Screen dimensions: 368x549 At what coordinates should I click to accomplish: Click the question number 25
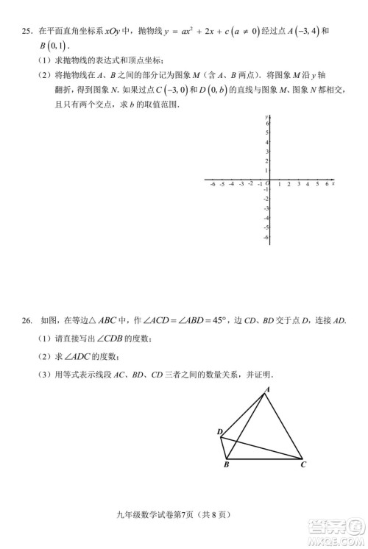[x=26, y=32]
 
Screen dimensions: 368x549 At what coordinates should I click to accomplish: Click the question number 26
[x=26, y=320]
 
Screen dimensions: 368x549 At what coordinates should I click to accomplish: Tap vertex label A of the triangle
[x=267, y=389]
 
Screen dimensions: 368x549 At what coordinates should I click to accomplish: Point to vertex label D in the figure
[x=219, y=432]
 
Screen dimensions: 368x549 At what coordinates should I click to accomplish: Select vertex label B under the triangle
[x=226, y=466]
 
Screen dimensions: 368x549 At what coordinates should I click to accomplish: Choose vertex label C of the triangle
[x=302, y=466]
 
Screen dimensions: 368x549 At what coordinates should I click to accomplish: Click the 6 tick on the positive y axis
[x=267, y=124]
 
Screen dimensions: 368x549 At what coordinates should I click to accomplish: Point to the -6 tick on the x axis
[x=212, y=184]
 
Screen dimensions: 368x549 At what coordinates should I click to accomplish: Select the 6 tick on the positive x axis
[x=326, y=184]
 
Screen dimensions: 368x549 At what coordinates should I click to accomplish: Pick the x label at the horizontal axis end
[x=333, y=183]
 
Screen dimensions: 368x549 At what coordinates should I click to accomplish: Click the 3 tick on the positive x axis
[x=298, y=184]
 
